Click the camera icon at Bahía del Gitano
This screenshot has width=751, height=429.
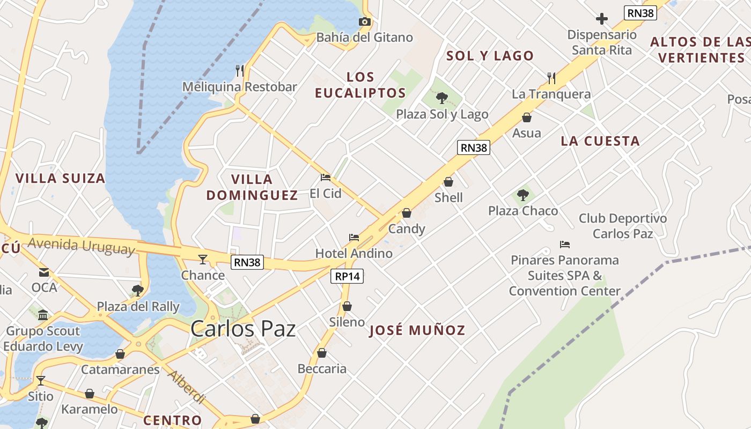[365, 22]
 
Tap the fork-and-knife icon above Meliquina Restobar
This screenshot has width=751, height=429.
[240, 70]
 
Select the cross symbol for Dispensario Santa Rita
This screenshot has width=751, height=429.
[602, 19]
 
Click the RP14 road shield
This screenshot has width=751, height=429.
[347, 276]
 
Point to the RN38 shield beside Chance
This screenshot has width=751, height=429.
[247, 262]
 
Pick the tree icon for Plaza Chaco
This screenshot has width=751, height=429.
[523, 195]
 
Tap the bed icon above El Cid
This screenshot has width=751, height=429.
[325, 177]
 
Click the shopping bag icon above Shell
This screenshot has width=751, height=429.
[448, 182]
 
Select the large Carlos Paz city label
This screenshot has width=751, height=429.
[243, 329]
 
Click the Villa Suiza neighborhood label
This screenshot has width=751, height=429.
[60, 179]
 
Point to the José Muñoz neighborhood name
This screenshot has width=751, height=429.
[417, 330]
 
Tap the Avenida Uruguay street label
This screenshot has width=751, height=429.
[81, 246]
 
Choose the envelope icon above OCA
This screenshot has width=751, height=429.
[43, 272]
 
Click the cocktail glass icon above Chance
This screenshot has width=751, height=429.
[202, 260]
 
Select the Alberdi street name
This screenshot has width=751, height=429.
[186, 387]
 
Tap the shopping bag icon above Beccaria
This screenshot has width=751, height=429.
[322, 353]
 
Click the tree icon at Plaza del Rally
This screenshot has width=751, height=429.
[138, 291]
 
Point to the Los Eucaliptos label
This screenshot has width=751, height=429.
[360, 85]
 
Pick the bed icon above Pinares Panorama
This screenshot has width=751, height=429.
[564, 245]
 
